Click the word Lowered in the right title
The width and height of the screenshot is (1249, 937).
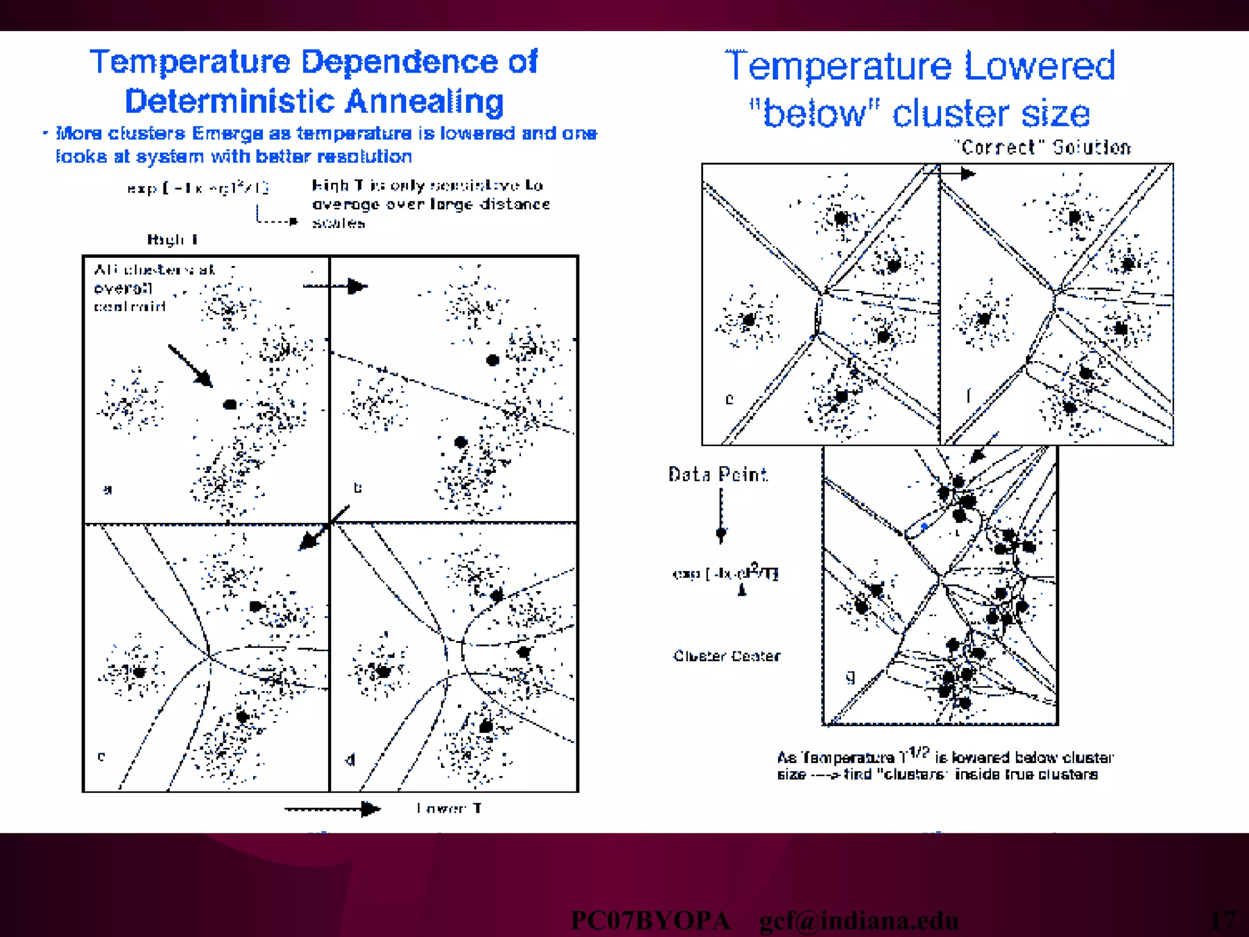pos(1039,66)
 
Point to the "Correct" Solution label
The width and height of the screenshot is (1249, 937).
pos(1042,148)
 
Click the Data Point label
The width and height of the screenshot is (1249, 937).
pos(718,475)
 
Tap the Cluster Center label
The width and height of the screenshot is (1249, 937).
pos(726,656)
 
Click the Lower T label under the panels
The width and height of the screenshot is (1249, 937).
pos(449,809)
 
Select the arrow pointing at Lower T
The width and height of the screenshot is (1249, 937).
pos(333,810)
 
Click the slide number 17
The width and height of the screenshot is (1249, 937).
pos(1223,920)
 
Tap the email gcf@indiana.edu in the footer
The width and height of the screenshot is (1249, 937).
pos(859,921)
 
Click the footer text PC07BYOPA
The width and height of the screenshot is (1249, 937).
pos(650,921)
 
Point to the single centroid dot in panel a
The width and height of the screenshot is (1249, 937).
pos(230,404)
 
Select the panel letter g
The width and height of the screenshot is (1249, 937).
pos(851,677)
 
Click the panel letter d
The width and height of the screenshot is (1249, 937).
pos(350,759)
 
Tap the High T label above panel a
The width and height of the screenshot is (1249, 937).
pos(173,239)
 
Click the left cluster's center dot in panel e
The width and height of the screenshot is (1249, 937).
pos(749,319)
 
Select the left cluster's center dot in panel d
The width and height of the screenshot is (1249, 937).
pos(383,672)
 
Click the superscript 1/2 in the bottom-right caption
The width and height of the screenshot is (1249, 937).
pos(918,752)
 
